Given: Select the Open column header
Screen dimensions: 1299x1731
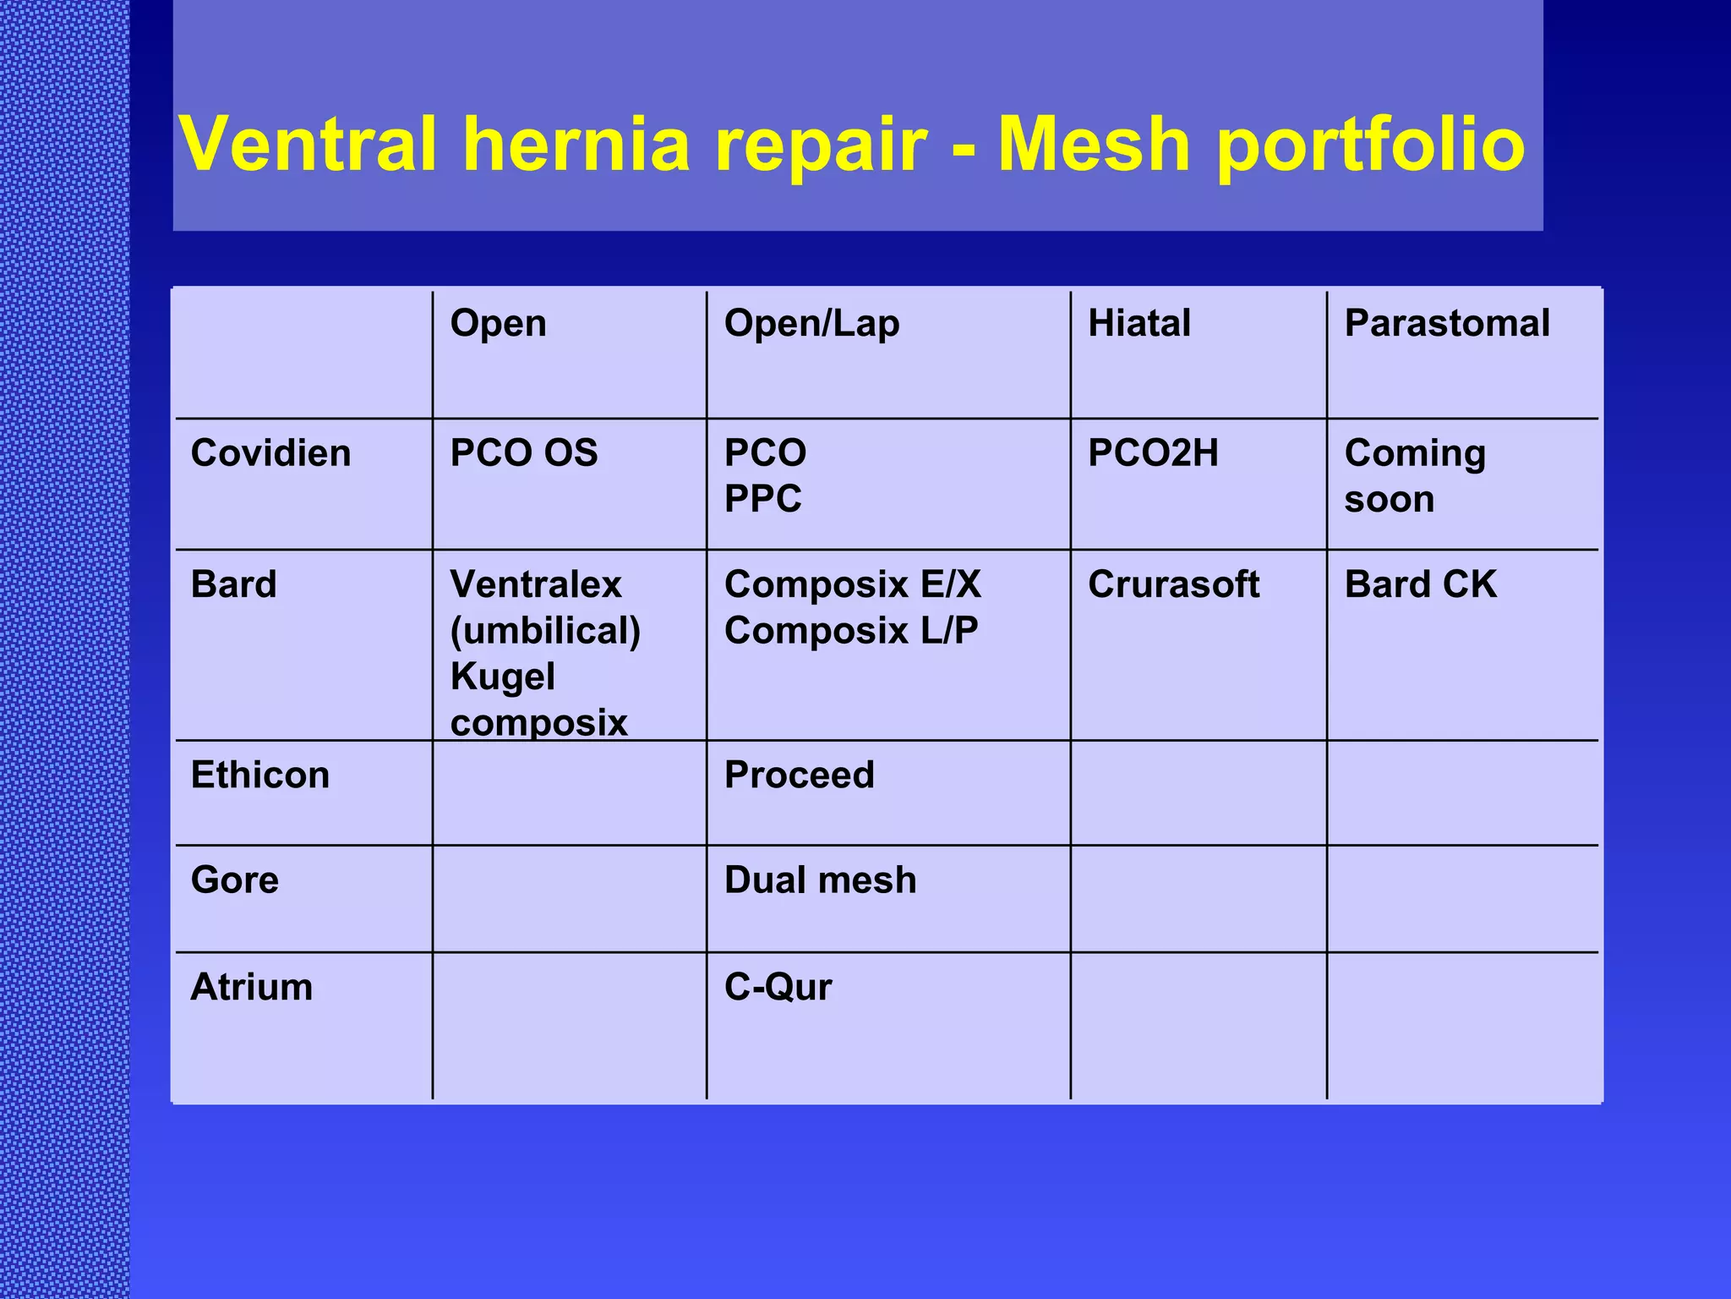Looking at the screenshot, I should pyautogui.click(x=498, y=323).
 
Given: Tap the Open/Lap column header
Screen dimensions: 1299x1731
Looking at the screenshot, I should pyautogui.click(x=811, y=324).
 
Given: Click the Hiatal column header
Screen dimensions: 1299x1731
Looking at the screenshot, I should pyautogui.click(x=1139, y=323).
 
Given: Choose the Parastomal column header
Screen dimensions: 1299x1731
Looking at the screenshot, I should pyautogui.click(x=1446, y=323).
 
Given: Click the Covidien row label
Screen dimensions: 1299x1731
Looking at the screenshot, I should pyautogui.click(x=270, y=453).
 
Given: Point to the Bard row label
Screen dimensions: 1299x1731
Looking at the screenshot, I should pyautogui.click(x=233, y=584).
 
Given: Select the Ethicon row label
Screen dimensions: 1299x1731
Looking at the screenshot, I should pyautogui.click(x=259, y=776).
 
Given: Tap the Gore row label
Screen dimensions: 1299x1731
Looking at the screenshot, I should pyautogui.click(x=234, y=880).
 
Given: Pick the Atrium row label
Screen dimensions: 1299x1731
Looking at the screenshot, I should pyautogui.click(x=251, y=987).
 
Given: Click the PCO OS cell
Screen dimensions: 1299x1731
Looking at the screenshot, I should pyautogui.click(x=523, y=453).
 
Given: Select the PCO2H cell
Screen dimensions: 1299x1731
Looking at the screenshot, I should pyautogui.click(x=1152, y=453).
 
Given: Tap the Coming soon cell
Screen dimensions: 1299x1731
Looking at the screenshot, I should pyautogui.click(x=1414, y=476).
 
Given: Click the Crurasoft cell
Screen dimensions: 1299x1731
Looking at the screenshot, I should pyautogui.click(x=1173, y=584).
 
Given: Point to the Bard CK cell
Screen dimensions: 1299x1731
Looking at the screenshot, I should pyautogui.click(x=1420, y=584).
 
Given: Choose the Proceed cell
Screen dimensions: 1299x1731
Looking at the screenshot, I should pyautogui.click(x=799, y=776).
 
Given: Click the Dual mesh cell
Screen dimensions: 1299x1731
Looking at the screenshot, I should pyautogui.click(x=820, y=880).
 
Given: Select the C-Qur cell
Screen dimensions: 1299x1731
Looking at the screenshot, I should pyautogui.click(x=778, y=987).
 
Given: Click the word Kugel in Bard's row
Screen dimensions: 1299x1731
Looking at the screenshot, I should pyautogui.click(x=502, y=677).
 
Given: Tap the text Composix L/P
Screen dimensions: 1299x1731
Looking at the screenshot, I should pyautogui.click(x=850, y=631).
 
